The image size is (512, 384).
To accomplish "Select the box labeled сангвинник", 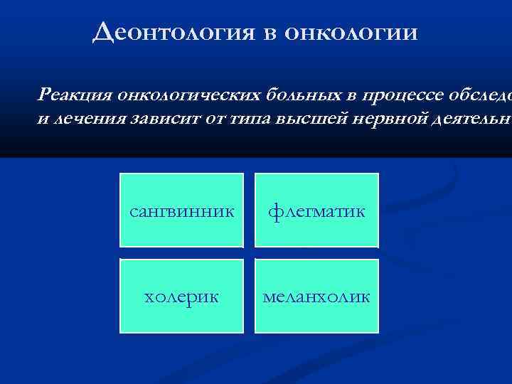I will [x=181, y=211].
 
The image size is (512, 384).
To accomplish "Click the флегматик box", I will [x=317, y=211].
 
